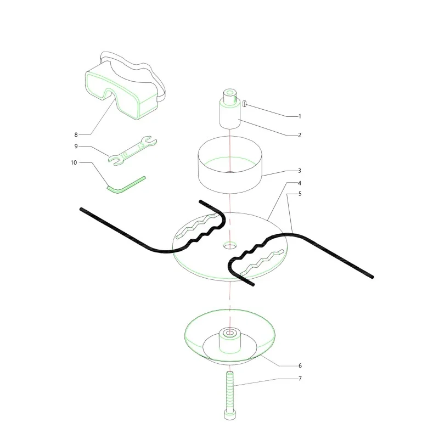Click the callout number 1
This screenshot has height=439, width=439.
pos(300,116)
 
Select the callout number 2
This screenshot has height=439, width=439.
pos(300,135)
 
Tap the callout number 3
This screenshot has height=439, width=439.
pos(300,171)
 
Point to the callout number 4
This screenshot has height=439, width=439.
pos(300,183)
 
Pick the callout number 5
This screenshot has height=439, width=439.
pos(300,194)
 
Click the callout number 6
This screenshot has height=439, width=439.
pos(300,365)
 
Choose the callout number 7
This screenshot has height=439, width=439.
pos(300,379)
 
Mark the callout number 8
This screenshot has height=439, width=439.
pos(76,134)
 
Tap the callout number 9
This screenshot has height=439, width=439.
pos(76,146)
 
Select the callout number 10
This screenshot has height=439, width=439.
pos(74,162)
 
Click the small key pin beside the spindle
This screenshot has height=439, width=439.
pos(244,104)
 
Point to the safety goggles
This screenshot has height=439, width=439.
pos(125,86)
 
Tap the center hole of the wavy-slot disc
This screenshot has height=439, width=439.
pos(230,246)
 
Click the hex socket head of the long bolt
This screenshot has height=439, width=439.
pos(229,414)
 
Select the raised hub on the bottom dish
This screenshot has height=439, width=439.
pos(229,341)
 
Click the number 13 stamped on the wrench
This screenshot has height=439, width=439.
pos(142,145)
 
